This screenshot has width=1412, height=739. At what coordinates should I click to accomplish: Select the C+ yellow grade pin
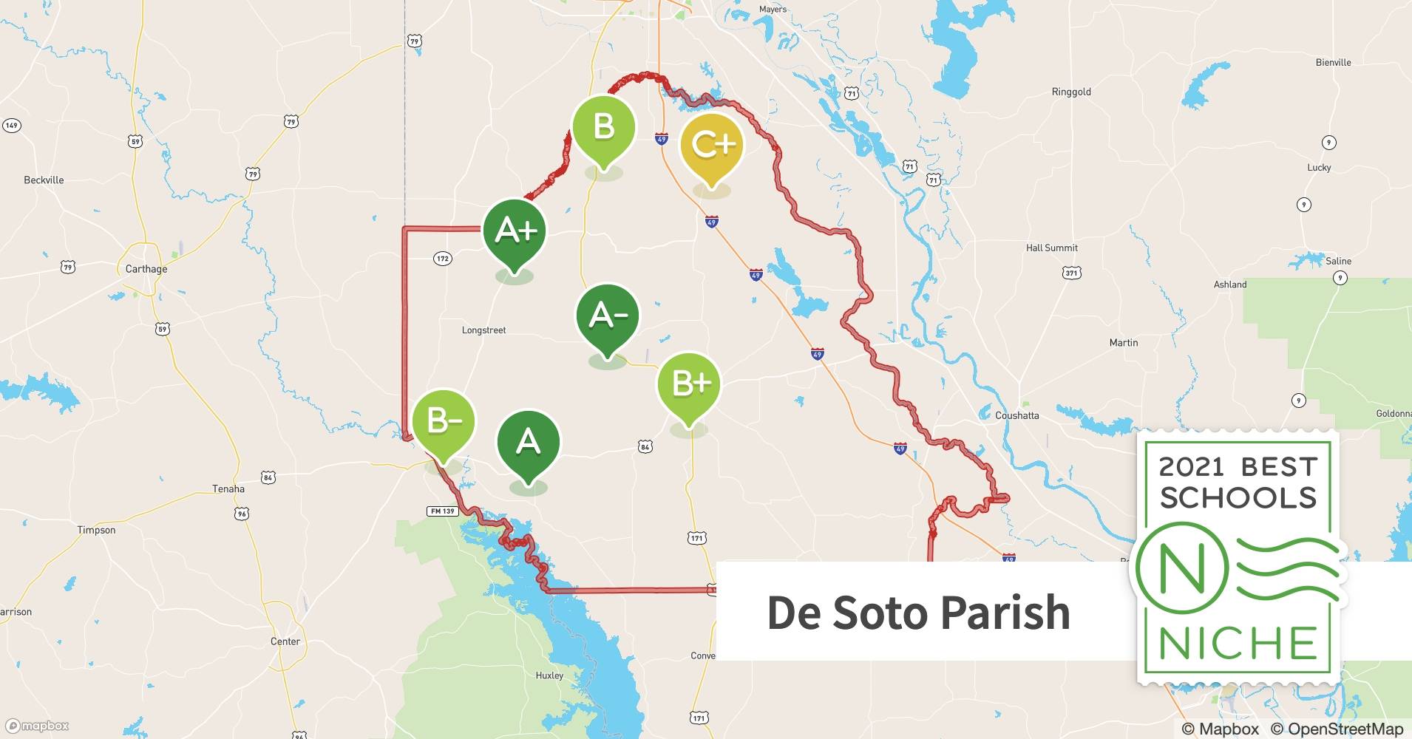[x=711, y=145]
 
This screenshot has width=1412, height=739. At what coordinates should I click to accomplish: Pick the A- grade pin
[x=608, y=316]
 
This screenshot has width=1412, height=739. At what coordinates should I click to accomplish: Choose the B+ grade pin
[x=689, y=384]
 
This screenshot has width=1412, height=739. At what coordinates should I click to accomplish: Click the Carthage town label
[x=146, y=269]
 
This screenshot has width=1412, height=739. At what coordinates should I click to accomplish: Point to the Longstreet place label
[x=483, y=330]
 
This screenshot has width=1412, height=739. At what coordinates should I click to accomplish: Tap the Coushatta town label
[x=1016, y=415]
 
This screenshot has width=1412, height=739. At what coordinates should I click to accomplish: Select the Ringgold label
[x=1070, y=92]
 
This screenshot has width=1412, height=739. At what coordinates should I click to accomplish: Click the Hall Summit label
[x=1051, y=248]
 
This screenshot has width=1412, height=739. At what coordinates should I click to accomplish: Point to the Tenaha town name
[x=228, y=489]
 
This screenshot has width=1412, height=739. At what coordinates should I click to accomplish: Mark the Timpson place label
[x=96, y=531]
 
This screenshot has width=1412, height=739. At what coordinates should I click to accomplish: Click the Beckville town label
[x=44, y=180]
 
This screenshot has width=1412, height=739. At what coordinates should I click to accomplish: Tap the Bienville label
[x=1333, y=63]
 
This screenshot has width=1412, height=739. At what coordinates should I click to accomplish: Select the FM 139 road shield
[x=442, y=511]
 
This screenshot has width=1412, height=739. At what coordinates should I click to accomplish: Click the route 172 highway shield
[x=442, y=259]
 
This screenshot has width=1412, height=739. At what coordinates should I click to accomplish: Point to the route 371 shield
[x=1071, y=273]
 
